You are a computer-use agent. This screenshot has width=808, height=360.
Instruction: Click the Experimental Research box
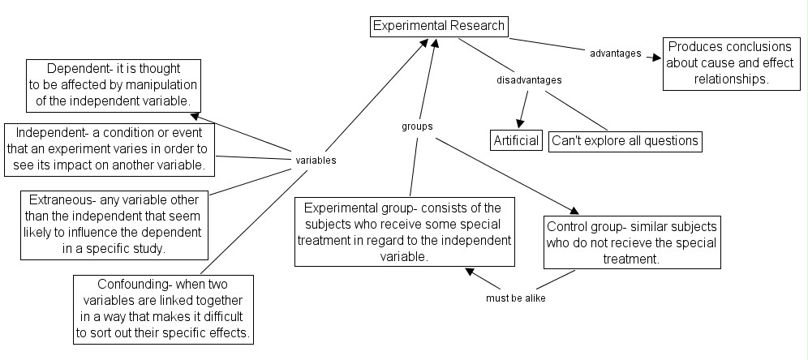pos(438,26)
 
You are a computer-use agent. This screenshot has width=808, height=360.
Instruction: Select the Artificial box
pos(517,140)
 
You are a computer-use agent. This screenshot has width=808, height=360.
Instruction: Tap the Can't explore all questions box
pos(625,140)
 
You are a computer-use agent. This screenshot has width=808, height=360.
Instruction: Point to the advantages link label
pos(615,54)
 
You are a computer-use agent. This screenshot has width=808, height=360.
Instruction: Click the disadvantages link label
pos(529,80)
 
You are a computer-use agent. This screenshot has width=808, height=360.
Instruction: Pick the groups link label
pos(417,126)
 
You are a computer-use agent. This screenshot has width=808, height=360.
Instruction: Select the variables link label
pos(316,161)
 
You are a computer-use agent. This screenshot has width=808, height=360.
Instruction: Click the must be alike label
pos(516,298)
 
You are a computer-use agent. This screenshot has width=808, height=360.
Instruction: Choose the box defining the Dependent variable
pos(114,84)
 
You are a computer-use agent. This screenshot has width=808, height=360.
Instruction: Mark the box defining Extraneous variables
pos(114,224)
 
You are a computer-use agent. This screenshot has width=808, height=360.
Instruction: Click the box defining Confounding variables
pos(164,308)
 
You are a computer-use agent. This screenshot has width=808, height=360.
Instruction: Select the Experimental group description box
pos(404,232)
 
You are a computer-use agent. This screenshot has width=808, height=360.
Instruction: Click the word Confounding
pos(129,285)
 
